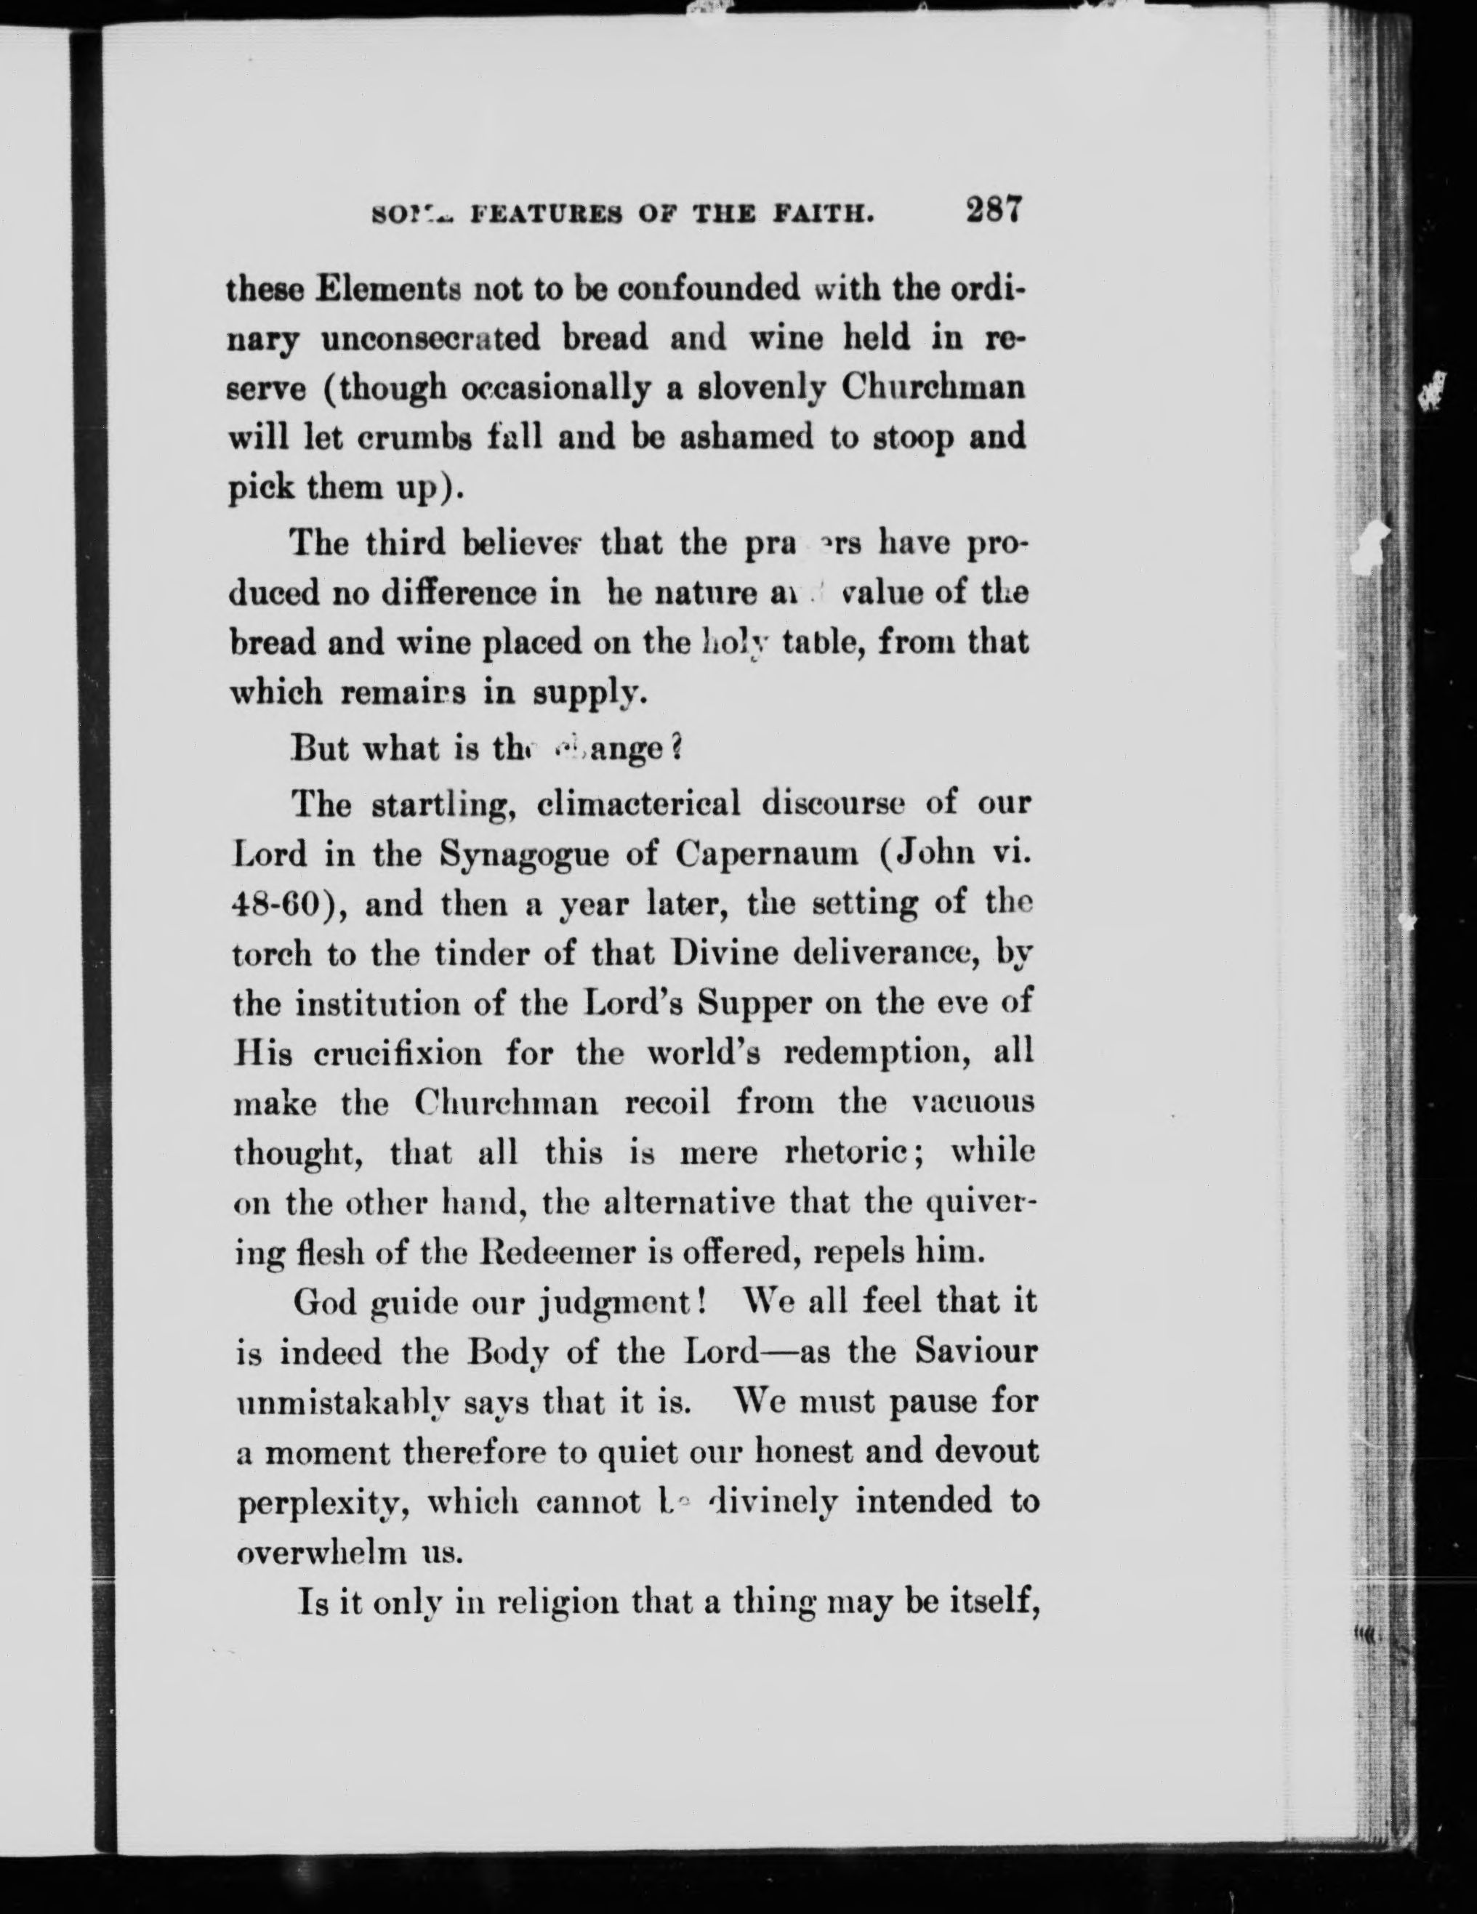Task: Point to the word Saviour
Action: pos(975,1352)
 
